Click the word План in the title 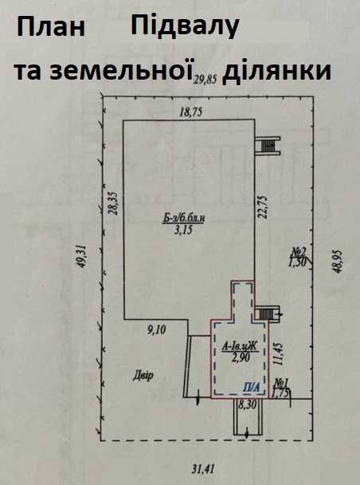pyautogui.click(x=51, y=27)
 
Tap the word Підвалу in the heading pyautogui.click(x=185, y=26)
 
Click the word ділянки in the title pyautogui.click(x=277, y=72)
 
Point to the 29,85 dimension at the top pyautogui.click(x=205, y=80)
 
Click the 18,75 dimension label pyautogui.click(x=191, y=112)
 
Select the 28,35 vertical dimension pyautogui.click(x=113, y=203)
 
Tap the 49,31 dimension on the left pyautogui.click(x=82, y=256)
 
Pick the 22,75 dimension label pyautogui.click(x=263, y=206)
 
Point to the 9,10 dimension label pyautogui.click(x=156, y=330)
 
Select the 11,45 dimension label pyautogui.click(x=278, y=354)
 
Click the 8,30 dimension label pyautogui.click(x=247, y=405)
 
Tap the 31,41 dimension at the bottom pyautogui.click(x=203, y=470)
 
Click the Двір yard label pyautogui.click(x=143, y=376)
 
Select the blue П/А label pyautogui.click(x=251, y=387)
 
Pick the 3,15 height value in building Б pyautogui.click(x=183, y=230)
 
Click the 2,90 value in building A pyautogui.click(x=241, y=358)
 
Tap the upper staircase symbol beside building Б pyautogui.click(x=268, y=146)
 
